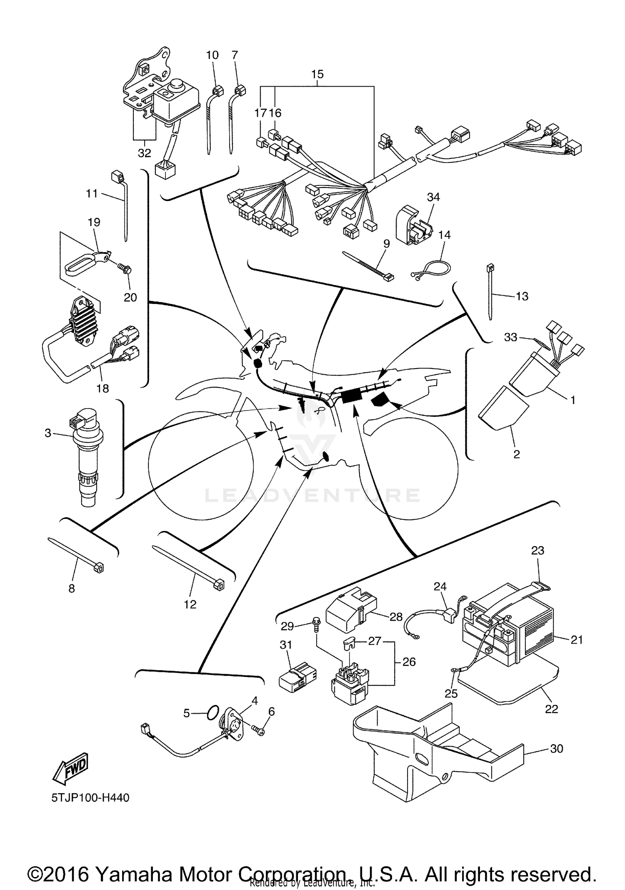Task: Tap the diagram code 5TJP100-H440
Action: (x=90, y=798)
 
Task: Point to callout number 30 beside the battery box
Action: (x=556, y=749)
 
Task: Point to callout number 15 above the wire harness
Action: (x=317, y=74)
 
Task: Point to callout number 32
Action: (x=144, y=153)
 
